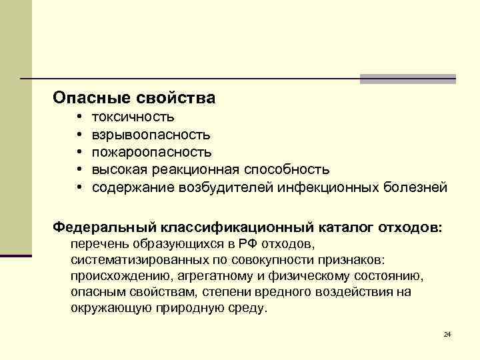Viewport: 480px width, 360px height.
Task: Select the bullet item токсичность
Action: tap(133, 118)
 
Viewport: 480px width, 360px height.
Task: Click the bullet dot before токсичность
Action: tap(79, 118)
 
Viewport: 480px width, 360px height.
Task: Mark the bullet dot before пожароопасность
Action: tap(79, 153)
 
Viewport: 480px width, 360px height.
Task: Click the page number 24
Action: tap(447, 334)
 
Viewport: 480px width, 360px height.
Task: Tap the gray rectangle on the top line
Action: tap(407, 79)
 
